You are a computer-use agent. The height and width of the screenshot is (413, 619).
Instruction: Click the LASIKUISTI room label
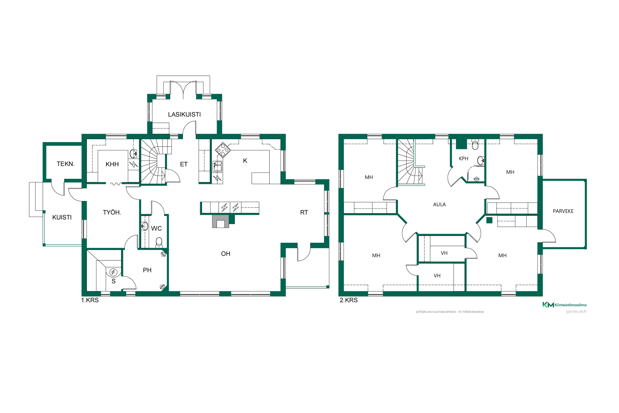pyautogui.click(x=184, y=115)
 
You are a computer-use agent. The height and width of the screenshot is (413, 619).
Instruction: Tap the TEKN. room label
pyautogui.click(x=66, y=164)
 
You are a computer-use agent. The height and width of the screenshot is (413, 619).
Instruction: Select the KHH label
pyautogui.click(x=112, y=164)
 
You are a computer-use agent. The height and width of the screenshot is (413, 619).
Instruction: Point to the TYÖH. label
pyautogui.click(x=112, y=212)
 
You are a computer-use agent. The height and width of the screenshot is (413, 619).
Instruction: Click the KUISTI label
pyautogui.click(x=62, y=217)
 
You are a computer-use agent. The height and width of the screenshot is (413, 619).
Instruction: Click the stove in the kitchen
pyautogui.click(x=223, y=150)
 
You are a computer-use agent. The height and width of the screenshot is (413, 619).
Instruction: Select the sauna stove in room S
pyautogui.click(x=113, y=272)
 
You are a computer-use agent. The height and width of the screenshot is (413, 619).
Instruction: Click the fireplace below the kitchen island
pyautogui.click(x=221, y=221)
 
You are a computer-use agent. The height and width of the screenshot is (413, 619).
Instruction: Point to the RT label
pyautogui.click(x=304, y=212)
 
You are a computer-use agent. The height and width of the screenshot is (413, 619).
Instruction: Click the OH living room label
pyautogui.click(x=226, y=254)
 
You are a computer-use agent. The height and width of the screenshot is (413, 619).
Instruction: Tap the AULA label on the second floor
pyautogui.click(x=439, y=204)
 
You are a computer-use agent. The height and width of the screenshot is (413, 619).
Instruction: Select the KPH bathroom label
pyautogui.click(x=463, y=159)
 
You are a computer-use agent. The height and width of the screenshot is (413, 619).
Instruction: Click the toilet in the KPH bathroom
pyautogui.click(x=475, y=144)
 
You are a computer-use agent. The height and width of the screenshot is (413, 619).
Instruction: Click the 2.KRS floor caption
pyautogui.click(x=349, y=300)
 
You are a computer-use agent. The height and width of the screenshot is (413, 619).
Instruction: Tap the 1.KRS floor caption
pyautogui.click(x=90, y=300)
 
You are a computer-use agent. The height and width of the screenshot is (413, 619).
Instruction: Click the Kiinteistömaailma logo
pyautogui.click(x=564, y=305)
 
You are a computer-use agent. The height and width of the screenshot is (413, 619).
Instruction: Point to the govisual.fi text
pyautogui.click(x=576, y=311)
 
